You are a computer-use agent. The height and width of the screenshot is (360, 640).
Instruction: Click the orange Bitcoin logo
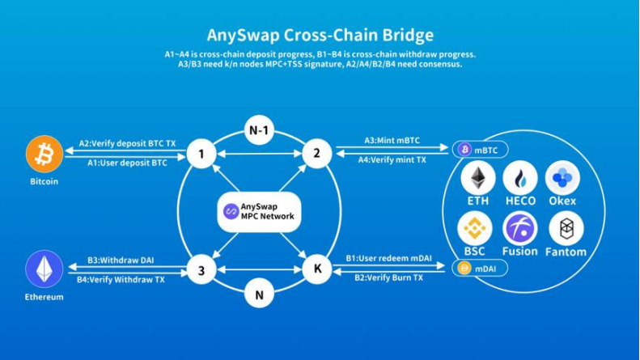(x=44, y=155)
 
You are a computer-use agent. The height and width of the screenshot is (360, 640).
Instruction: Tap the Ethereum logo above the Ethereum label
(x=44, y=269)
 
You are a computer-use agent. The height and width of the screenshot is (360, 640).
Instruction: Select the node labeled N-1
(x=259, y=130)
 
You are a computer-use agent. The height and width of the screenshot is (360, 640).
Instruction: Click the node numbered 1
(x=201, y=154)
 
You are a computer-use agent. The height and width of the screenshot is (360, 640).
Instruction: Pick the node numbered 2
(x=316, y=154)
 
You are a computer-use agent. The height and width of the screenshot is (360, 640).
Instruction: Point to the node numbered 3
(x=201, y=269)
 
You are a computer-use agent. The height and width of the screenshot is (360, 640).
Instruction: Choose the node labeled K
(x=317, y=269)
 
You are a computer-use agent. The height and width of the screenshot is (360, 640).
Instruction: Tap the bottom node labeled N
(x=259, y=294)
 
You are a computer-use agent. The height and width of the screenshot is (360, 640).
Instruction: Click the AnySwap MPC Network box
(x=259, y=212)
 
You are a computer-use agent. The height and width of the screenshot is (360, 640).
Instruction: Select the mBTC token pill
(x=480, y=150)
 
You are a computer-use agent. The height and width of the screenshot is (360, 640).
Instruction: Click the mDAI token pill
(x=480, y=269)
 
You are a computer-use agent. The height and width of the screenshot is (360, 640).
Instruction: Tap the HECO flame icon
(x=520, y=178)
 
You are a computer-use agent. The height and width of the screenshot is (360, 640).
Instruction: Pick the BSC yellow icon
(x=475, y=228)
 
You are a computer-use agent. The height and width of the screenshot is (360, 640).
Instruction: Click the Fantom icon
(x=566, y=228)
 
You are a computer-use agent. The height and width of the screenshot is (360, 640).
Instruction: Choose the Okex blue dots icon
(x=562, y=178)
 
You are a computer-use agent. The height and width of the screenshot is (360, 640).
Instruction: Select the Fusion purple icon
(x=520, y=228)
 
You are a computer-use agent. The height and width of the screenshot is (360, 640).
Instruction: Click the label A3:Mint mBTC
(x=392, y=141)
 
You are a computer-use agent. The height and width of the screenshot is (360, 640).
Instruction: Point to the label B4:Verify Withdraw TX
(x=121, y=280)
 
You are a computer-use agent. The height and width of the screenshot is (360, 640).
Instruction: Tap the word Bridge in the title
(x=408, y=35)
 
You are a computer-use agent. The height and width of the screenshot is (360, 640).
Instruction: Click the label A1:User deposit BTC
(x=127, y=163)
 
